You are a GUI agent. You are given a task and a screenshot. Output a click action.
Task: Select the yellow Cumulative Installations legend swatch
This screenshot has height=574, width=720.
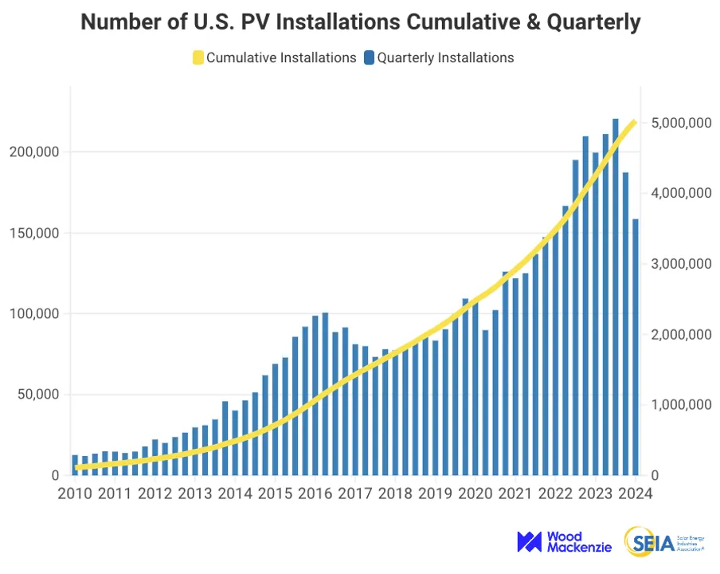point(198,57)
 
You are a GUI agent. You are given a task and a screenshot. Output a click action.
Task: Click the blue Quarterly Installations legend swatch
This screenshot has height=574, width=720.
point(369,57)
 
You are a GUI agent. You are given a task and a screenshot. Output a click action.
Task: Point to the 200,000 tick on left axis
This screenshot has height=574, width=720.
point(34,152)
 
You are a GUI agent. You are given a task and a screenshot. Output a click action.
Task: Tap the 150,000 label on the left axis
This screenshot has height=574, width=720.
point(34,233)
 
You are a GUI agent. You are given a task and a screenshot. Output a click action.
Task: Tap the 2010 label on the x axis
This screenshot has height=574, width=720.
point(75,493)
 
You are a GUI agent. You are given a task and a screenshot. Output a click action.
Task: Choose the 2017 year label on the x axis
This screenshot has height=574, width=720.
point(354,493)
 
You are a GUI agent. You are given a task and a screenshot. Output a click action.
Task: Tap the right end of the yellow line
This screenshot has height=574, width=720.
point(634,122)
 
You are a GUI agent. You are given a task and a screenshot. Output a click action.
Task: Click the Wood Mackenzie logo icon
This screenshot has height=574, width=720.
point(530,542)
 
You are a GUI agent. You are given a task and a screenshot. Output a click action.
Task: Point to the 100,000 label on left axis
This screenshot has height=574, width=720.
point(34,314)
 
